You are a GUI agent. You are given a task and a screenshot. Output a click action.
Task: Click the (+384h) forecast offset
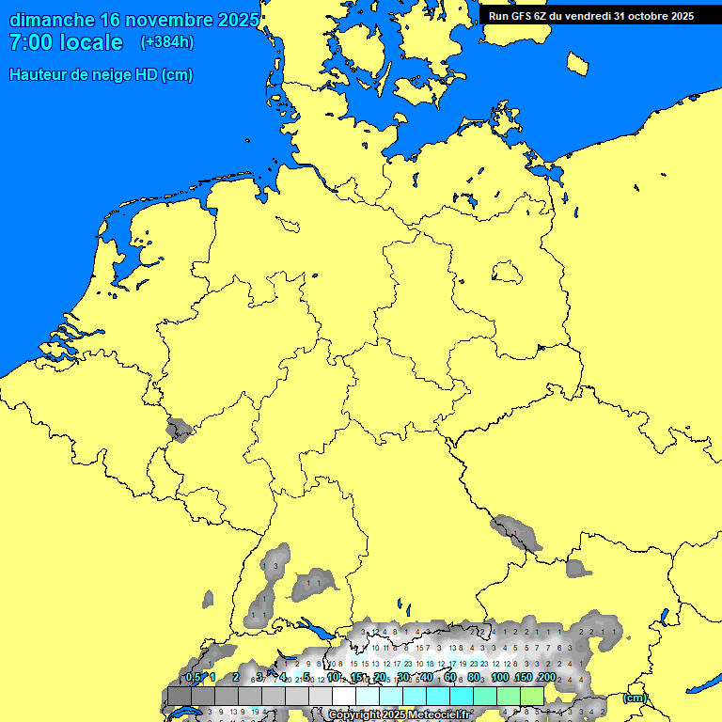pyautogui.click(x=167, y=42)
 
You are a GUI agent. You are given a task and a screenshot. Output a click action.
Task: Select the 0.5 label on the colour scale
pyautogui.click(x=193, y=677)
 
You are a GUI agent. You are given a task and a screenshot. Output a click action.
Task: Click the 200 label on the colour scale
pyautogui.click(x=546, y=677)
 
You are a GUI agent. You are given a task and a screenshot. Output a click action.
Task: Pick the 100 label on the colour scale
pyautogui.click(x=499, y=677)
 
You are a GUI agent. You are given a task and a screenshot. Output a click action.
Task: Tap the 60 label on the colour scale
pyautogui.click(x=450, y=677)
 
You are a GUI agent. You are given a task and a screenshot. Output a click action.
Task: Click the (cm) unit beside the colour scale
pyautogui.click(x=636, y=698)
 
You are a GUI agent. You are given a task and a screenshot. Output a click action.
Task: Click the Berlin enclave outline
pyautogui.click(x=506, y=273)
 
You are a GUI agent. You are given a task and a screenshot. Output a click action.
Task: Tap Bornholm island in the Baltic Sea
pyautogui.click(x=577, y=63)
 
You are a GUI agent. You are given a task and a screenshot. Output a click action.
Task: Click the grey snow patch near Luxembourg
pyautogui.click(x=178, y=432)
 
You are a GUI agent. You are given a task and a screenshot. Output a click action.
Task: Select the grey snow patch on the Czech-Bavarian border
pyautogui.click(x=516, y=532)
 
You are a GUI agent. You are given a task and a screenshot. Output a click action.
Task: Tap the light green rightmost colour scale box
pyautogui.click(x=533, y=697)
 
